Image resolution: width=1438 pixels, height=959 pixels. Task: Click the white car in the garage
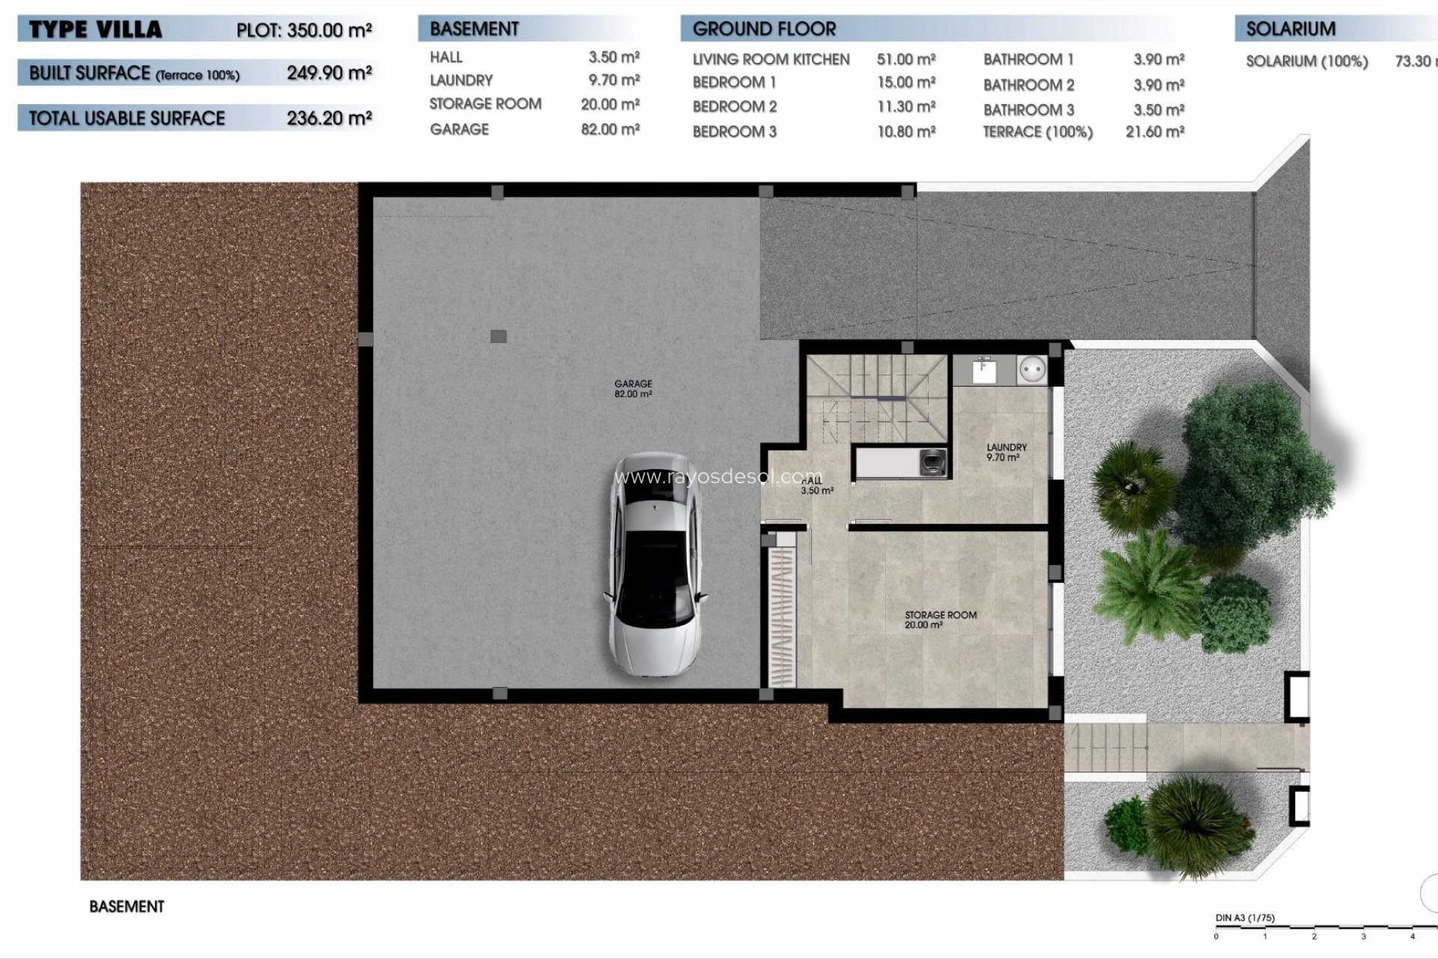[x=655, y=566]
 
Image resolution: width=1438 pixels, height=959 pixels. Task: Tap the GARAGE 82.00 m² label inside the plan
[x=633, y=388]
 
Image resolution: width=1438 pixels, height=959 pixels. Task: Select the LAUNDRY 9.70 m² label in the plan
[x=1006, y=452]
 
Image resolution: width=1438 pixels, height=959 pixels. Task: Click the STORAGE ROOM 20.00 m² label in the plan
[x=940, y=619]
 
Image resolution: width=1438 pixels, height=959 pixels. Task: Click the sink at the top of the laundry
[x=983, y=370]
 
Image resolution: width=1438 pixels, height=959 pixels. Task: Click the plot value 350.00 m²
[x=329, y=30]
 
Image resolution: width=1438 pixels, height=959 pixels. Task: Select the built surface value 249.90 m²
[x=329, y=73]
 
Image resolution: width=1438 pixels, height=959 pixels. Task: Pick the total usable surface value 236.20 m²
[x=329, y=118]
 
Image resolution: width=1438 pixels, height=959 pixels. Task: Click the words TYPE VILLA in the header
[x=95, y=30]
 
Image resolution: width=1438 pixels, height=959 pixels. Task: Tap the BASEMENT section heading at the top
[x=474, y=29]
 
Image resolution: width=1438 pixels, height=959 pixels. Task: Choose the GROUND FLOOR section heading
[x=764, y=29]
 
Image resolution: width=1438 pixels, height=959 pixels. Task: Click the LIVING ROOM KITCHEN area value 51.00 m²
[x=906, y=59]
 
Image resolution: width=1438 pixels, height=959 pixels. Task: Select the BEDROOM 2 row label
[x=734, y=106]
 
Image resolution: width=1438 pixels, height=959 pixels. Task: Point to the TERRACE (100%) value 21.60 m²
[x=1154, y=132]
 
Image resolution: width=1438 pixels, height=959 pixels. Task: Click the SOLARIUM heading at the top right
[x=1290, y=29]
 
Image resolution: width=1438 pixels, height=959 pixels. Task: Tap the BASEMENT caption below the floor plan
[x=127, y=907]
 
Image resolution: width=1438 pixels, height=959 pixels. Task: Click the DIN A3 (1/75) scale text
[x=1245, y=918]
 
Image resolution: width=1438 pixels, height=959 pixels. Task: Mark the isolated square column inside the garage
[x=498, y=336]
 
